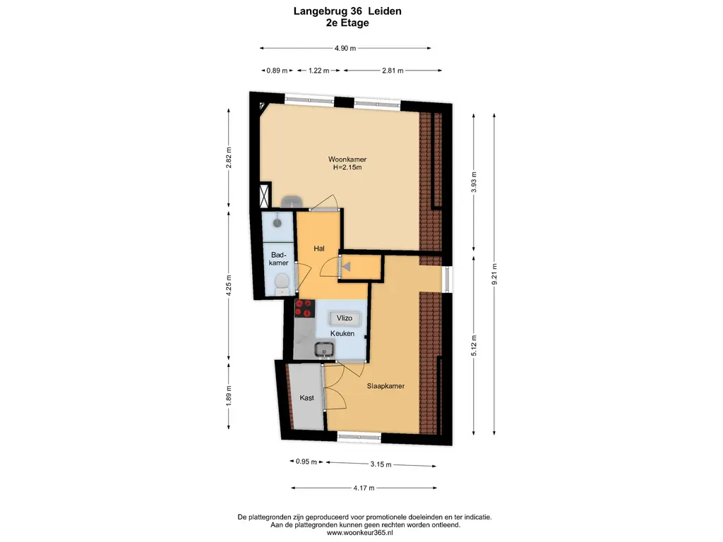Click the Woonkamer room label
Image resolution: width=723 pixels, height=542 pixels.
click(x=347, y=159)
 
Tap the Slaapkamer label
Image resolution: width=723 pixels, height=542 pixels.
click(x=386, y=386)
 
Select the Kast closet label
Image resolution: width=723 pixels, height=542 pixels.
click(x=306, y=398)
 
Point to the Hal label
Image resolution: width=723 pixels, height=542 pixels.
click(x=319, y=248)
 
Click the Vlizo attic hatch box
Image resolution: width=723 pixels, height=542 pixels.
click(x=345, y=318)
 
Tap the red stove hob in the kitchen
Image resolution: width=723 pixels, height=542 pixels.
click(x=305, y=308)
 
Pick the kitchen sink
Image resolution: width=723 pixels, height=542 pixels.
click(x=325, y=350)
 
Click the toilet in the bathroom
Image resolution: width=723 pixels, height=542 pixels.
click(x=281, y=284)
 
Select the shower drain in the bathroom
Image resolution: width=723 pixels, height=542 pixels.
click(x=277, y=223)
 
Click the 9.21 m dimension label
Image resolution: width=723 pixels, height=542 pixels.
click(x=494, y=274)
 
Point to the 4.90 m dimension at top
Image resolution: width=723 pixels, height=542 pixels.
click(x=345, y=48)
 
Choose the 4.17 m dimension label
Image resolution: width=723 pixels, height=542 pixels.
click(x=364, y=488)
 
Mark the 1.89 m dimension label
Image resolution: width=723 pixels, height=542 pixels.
click(x=229, y=395)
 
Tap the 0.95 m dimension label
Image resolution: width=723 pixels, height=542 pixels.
click(x=306, y=462)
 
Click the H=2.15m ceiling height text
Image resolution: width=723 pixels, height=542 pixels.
click(x=347, y=167)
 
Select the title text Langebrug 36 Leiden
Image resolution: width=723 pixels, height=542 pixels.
click(x=347, y=11)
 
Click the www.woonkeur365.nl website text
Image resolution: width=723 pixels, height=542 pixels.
click(x=359, y=532)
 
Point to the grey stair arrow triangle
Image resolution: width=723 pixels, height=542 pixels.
click(x=346, y=266)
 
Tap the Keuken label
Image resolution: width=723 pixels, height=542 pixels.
click(x=342, y=333)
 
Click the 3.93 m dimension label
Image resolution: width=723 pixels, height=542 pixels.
click(x=474, y=182)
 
